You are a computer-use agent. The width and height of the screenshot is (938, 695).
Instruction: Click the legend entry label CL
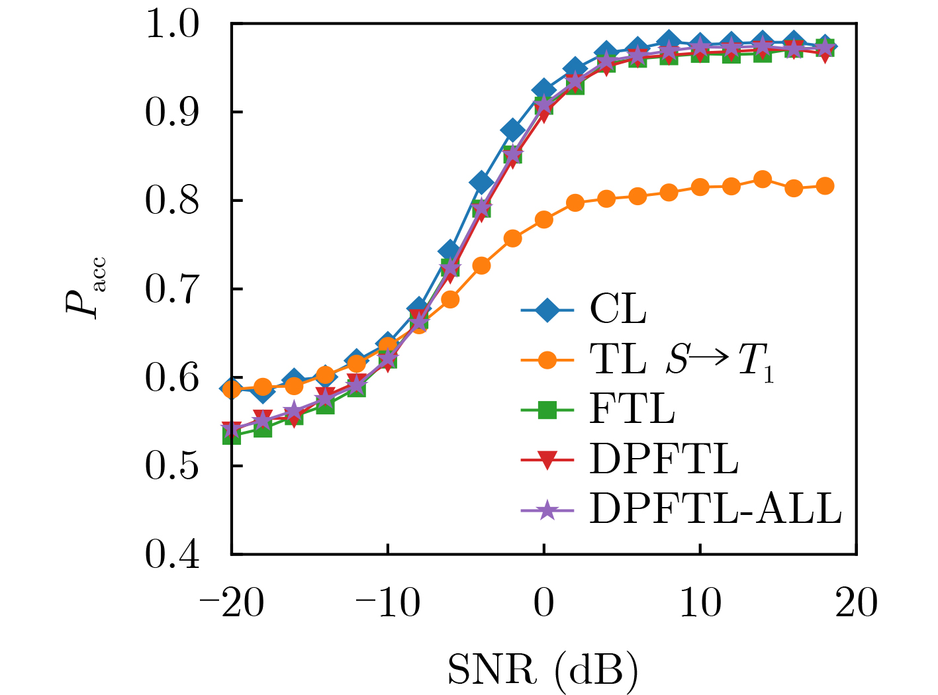point(618,310)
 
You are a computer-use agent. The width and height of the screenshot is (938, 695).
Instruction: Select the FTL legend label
point(632,410)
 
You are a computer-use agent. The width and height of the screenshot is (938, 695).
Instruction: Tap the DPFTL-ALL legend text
point(715,509)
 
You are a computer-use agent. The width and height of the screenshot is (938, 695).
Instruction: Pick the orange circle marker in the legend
point(547,361)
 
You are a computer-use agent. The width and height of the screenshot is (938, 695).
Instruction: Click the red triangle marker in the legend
point(547,461)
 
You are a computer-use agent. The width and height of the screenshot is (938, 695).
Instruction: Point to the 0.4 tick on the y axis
point(172,554)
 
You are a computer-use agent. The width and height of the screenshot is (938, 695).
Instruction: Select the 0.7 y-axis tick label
point(172,289)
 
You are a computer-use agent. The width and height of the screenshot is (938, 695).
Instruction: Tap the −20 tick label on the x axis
point(232,604)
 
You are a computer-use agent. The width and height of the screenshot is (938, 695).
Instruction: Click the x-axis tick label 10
point(700,604)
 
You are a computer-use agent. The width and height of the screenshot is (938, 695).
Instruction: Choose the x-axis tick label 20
point(857,604)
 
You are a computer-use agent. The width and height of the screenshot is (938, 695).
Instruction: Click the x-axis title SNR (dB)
point(543,670)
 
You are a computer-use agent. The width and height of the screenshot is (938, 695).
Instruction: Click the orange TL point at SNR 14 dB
point(763,179)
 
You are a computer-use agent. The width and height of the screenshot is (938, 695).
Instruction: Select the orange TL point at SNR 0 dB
point(544,220)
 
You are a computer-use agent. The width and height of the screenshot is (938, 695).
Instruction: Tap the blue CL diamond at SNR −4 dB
point(481,183)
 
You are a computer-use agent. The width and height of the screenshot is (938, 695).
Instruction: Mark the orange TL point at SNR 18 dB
point(825,186)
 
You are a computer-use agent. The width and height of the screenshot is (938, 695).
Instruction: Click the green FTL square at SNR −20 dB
point(232,436)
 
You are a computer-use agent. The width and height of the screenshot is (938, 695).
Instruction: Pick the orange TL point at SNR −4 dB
point(481,266)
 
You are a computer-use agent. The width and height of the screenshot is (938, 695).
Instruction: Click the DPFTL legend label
point(663,459)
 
